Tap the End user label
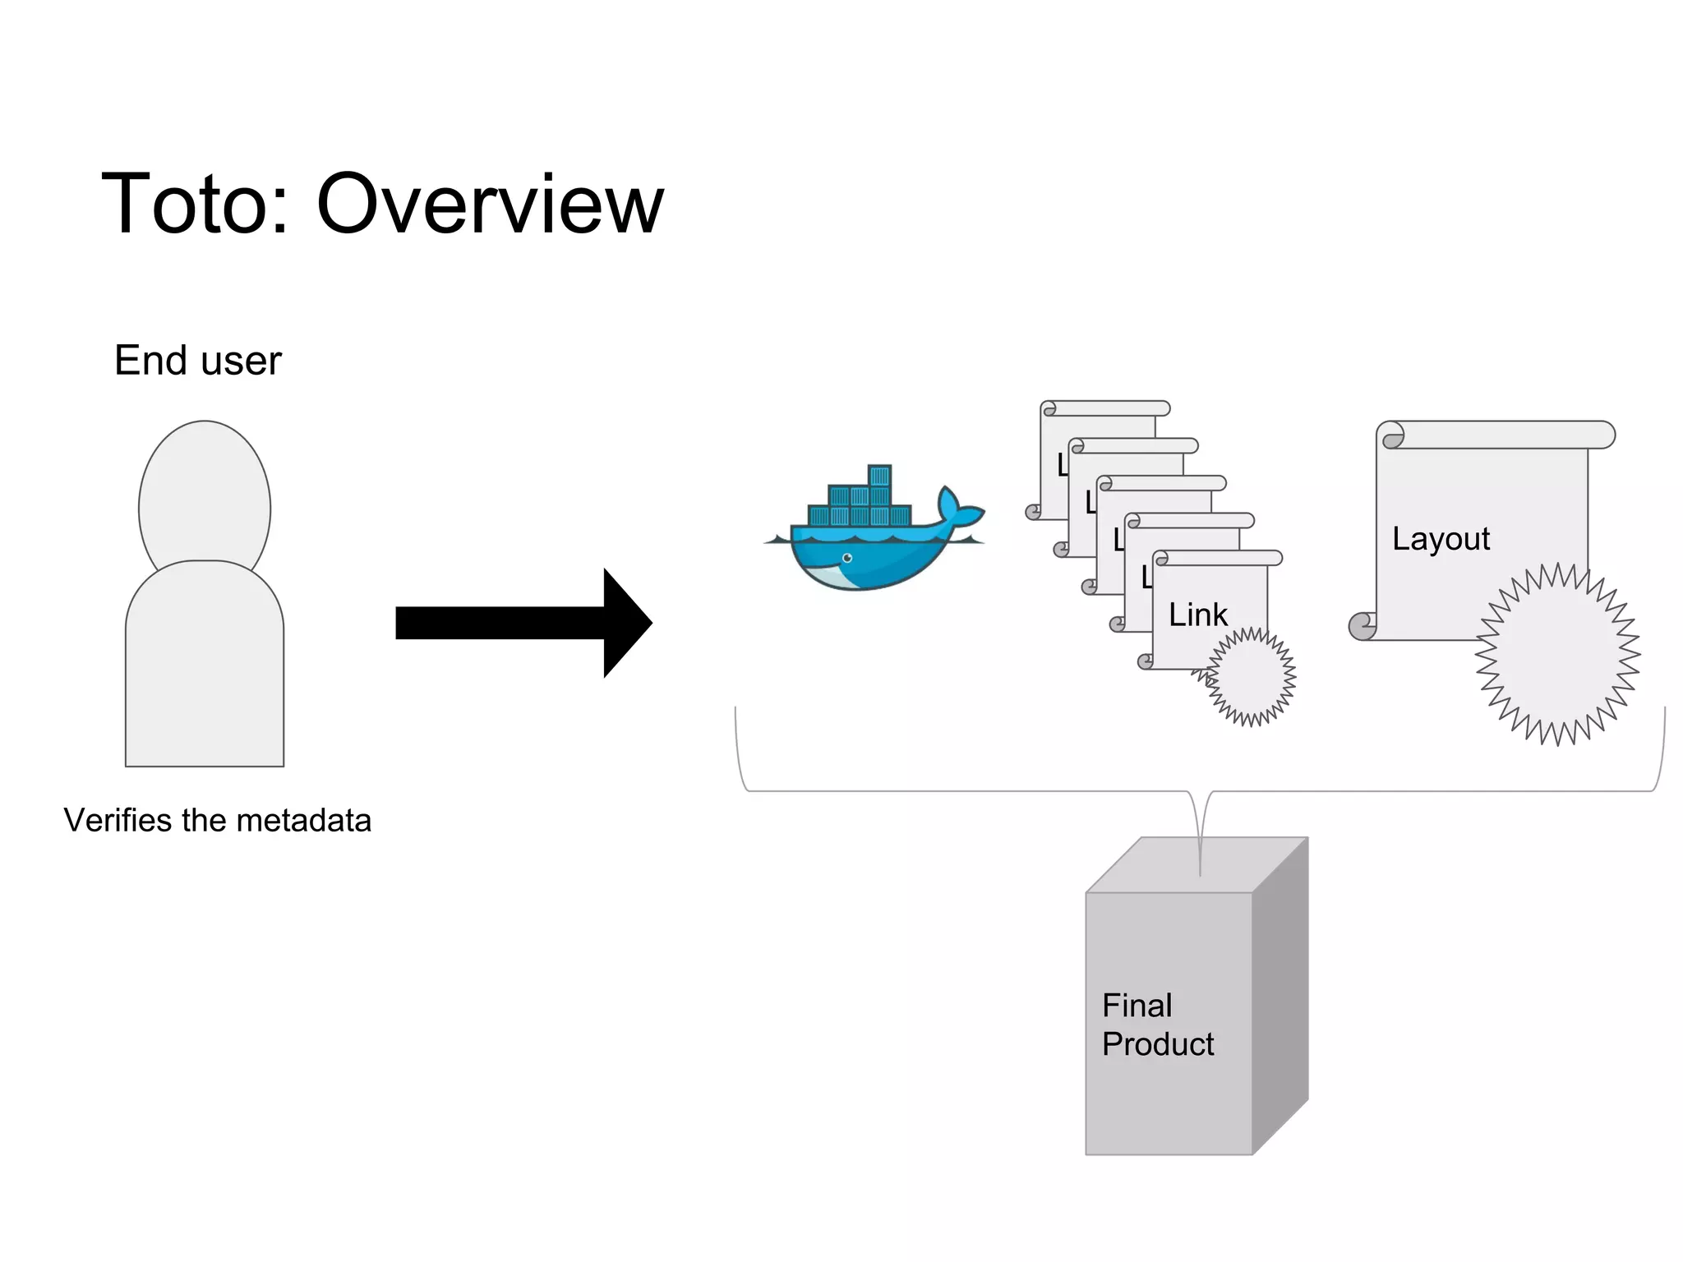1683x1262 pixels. tap(197, 361)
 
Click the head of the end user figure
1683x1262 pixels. tap(205, 493)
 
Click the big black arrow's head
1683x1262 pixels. tap(626, 623)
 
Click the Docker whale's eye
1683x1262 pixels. tap(847, 559)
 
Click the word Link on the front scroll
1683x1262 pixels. tap(1197, 615)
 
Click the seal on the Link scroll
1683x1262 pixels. tap(1252, 677)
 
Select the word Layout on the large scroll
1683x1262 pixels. tap(1441, 539)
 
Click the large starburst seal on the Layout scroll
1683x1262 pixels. tap(1557, 655)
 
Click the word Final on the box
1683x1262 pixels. tap(1137, 1006)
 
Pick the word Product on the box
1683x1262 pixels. tap(1157, 1044)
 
